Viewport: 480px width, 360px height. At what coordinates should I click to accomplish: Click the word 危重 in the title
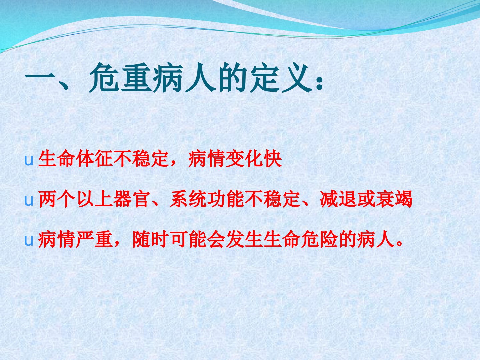[x=120, y=77]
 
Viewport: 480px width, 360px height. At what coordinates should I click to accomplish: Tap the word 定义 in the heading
[x=281, y=77]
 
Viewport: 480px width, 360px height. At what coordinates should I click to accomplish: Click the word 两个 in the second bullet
[x=57, y=199]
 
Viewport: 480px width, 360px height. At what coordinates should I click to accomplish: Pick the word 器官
[x=132, y=199]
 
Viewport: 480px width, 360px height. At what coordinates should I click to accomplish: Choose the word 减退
[x=338, y=199]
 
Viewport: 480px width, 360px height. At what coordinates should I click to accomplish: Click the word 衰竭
[x=394, y=199]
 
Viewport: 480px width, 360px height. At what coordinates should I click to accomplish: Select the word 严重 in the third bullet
[x=94, y=239]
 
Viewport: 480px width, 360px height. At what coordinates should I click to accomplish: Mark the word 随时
[x=151, y=239]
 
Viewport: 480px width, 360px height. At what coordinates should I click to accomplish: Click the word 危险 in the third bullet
[x=319, y=239]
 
